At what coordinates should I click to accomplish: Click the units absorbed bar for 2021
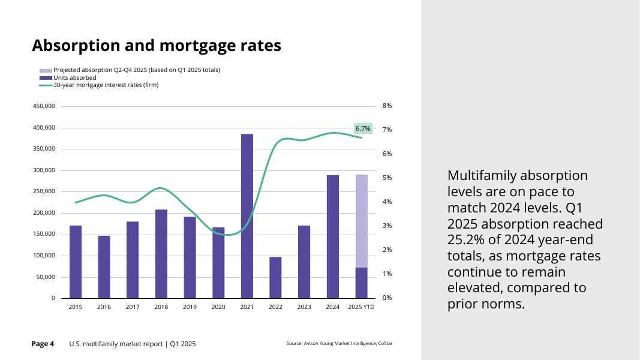(x=247, y=216)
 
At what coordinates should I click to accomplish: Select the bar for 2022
(x=275, y=277)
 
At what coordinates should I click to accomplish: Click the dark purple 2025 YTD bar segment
(x=361, y=283)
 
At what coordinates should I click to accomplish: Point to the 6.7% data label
(x=363, y=128)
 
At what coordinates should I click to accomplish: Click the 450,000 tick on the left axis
(x=44, y=106)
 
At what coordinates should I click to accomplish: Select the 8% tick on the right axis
(x=387, y=106)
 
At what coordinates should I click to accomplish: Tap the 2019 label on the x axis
(x=190, y=307)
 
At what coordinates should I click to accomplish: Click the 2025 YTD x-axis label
(x=361, y=307)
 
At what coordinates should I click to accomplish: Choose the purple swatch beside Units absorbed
(x=46, y=78)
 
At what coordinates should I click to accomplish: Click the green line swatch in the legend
(x=46, y=85)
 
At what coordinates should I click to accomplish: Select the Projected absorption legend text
(x=137, y=70)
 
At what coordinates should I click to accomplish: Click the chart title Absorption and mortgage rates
(x=156, y=46)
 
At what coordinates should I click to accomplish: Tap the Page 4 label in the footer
(x=43, y=344)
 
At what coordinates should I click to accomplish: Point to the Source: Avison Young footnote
(x=339, y=344)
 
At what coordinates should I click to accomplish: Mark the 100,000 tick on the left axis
(x=44, y=256)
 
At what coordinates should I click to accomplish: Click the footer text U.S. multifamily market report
(x=132, y=344)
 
